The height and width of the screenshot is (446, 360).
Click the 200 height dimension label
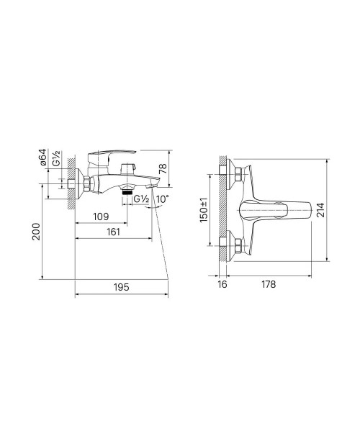pyautogui.click(x=37, y=232)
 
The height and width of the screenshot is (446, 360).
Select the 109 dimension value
pyautogui.click(x=101, y=217)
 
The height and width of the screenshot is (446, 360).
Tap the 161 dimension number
pyautogui.click(x=113, y=232)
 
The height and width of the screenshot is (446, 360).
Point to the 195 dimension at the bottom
pyautogui.click(x=122, y=287)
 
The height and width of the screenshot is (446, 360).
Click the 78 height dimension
pyautogui.click(x=163, y=168)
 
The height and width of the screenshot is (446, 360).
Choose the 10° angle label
pyautogui.click(x=163, y=199)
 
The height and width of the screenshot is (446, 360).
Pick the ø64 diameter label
pyautogui.click(x=42, y=157)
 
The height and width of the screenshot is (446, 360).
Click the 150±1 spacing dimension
pyautogui.click(x=204, y=210)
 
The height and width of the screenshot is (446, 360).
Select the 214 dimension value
pyautogui.click(x=320, y=210)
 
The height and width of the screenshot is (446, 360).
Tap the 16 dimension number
pyautogui.click(x=222, y=284)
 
